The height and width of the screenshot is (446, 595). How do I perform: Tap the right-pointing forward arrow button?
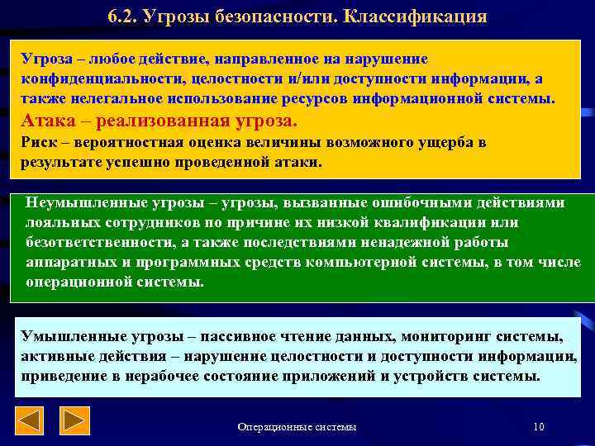[x=76, y=421]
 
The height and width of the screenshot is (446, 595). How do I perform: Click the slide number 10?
[x=539, y=426]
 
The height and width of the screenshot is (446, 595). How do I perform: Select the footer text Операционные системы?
[x=297, y=426]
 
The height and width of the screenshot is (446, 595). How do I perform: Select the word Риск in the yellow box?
[x=37, y=142]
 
